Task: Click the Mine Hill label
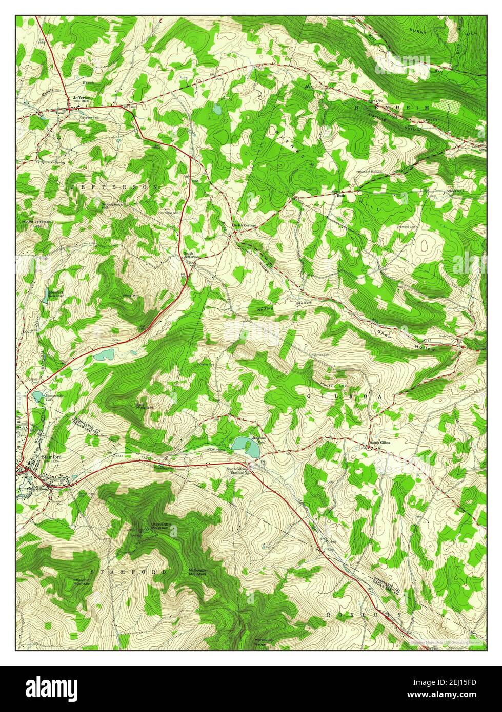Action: pyautogui.click(x=130, y=296)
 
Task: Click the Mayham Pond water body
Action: pyautogui.click(x=245, y=447)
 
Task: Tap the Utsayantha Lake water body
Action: pyautogui.click(x=37, y=396)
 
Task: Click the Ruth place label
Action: pyautogui.click(x=339, y=195)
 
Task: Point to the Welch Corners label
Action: pyautogui.click(x=244, y=225)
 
